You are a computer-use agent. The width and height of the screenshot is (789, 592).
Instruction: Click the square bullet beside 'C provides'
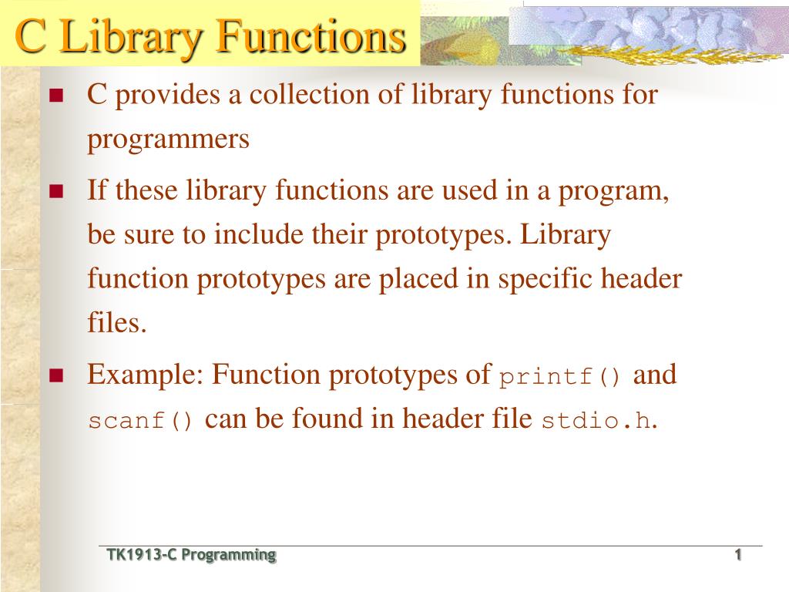point(55,96)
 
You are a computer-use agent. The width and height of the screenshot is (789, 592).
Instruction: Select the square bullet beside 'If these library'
point(55,191)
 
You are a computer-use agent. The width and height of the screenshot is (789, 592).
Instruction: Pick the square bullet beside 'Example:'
point(55,376)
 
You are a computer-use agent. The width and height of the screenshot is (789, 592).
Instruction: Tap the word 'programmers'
point(168,140)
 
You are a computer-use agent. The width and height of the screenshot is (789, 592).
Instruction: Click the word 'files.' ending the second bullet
point(116,322)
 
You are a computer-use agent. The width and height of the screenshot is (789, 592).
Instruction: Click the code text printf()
point(560,378)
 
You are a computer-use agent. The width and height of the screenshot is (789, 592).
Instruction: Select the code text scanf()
point(142,421)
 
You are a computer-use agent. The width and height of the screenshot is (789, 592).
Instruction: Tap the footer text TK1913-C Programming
point(191,555)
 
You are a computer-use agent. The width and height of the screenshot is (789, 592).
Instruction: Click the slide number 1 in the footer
point(737,555)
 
